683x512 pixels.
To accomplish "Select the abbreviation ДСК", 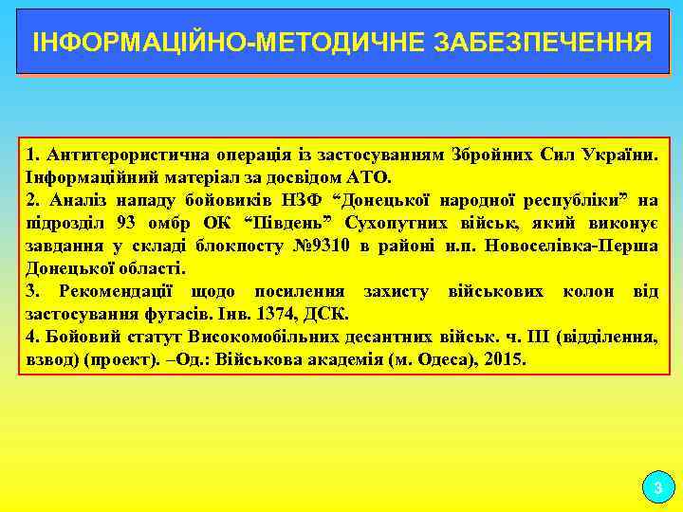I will point(330,314).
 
